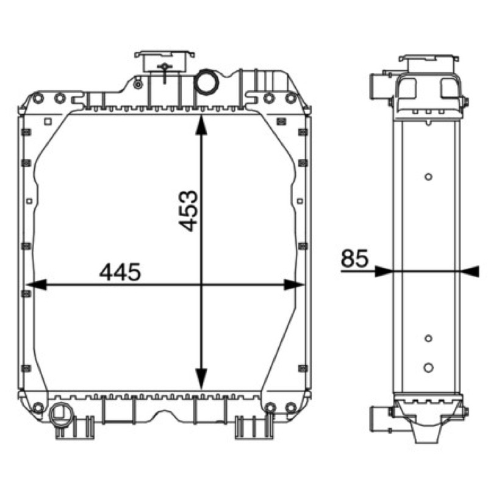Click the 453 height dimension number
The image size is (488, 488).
(x=189, y=210)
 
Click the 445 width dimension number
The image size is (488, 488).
(x=120, y=271)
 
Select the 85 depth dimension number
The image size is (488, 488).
(x=355, y=258)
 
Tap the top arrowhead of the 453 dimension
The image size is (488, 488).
(x=201, y=124)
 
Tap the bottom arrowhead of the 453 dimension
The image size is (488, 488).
(x=201, y=379)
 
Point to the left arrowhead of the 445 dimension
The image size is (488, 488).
(x=37, y=284)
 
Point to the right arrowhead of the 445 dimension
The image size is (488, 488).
(x=294, y=284)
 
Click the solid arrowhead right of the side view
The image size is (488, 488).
(x=470, y=271)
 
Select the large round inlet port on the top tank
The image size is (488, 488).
(x=206, y=82)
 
